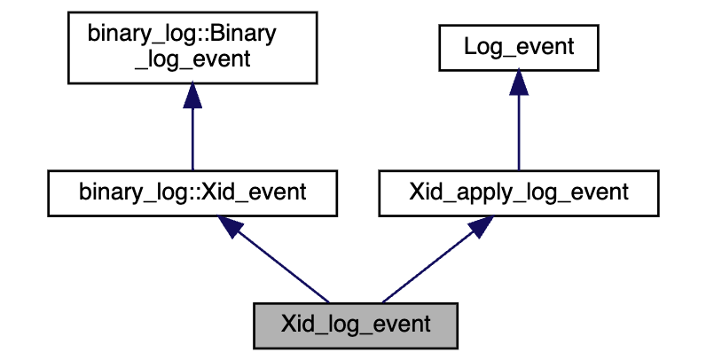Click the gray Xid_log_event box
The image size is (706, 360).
356,324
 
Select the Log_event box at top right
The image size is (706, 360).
519,48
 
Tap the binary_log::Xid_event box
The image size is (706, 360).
192,192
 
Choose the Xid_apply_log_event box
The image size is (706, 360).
519,192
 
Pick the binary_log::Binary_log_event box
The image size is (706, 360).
192,48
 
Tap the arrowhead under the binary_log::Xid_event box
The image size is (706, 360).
231,226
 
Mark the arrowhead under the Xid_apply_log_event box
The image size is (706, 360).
480,226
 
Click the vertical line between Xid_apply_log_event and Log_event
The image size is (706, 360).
519,133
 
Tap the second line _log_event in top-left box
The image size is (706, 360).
192,59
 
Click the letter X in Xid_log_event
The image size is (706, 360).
287,324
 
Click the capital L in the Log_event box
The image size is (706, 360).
470,48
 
